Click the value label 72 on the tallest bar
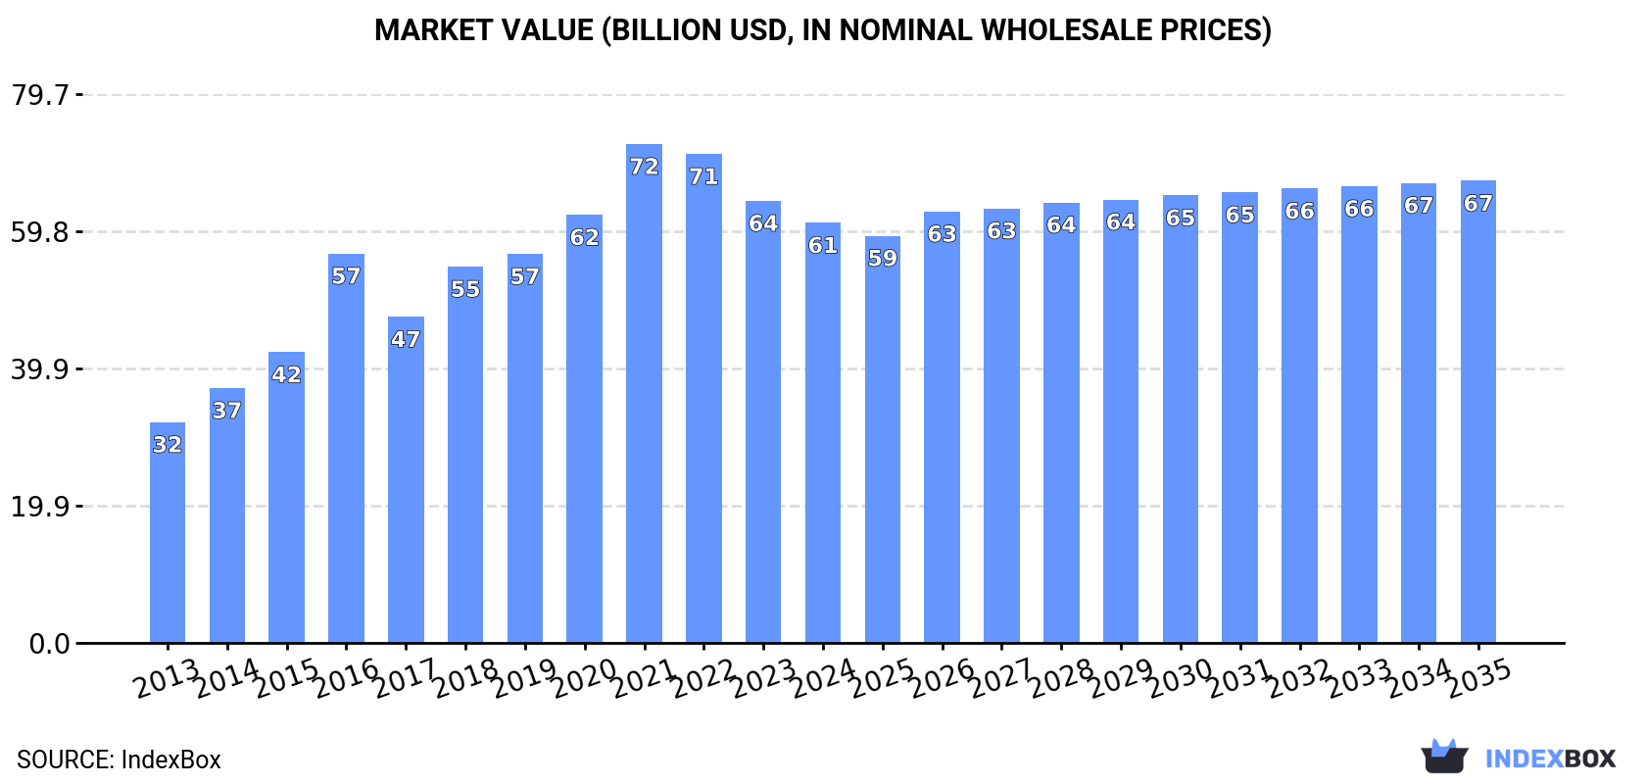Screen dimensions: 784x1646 tap(644, 167)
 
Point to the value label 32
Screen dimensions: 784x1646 tap(168, 445)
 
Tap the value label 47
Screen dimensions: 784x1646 tap(406, 339)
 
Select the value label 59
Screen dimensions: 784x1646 tap(882, 258)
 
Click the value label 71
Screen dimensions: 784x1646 tap(703, 176)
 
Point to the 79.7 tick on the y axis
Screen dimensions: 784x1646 tap(40, 95)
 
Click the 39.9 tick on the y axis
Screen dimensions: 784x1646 tap(40, 369)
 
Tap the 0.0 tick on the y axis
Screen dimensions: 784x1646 tap(49, 644)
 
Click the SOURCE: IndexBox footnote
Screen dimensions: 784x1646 tap(119, 759)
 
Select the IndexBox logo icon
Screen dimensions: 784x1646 tap(1444, 757)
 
